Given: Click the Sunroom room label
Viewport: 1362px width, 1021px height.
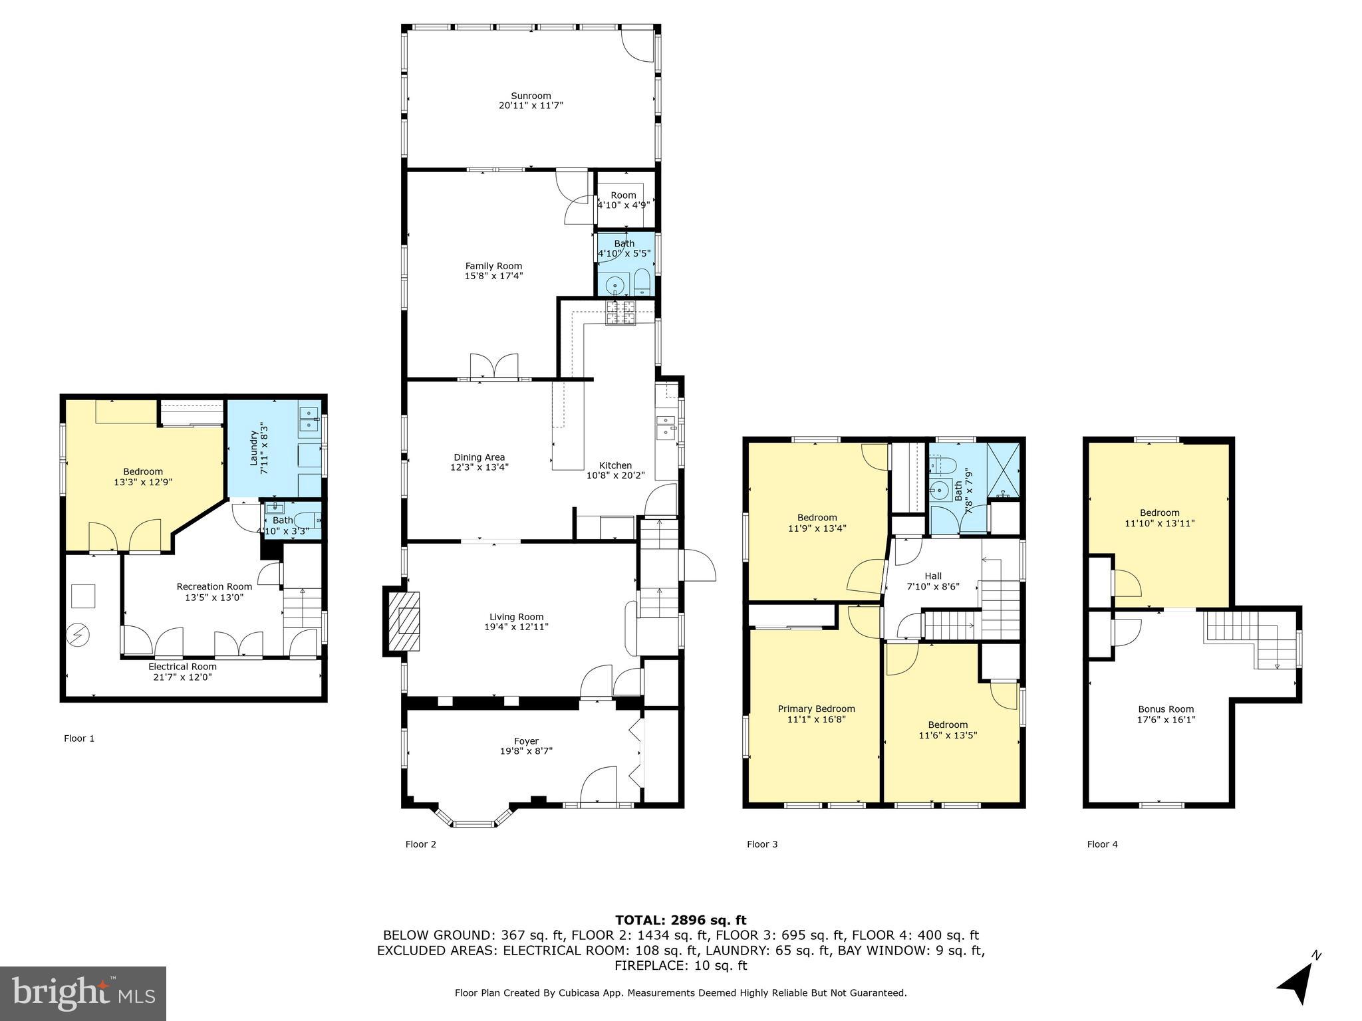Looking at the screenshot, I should coord(531,96).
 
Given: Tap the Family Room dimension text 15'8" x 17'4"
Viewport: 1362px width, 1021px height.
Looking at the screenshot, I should coord(493,276).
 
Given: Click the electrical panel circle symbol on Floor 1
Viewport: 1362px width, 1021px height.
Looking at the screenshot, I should coord(78,635).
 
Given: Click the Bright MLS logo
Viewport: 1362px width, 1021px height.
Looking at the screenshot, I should coord(83,993).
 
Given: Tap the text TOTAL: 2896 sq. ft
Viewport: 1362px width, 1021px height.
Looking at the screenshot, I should coord(680,920).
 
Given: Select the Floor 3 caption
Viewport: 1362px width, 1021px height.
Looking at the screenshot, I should coord(761,844).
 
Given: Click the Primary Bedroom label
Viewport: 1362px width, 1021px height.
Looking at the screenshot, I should coord(816,709).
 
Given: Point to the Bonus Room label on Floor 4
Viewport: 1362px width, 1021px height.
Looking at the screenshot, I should coord(1166,709).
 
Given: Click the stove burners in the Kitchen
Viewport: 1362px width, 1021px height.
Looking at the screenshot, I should coord(620,312).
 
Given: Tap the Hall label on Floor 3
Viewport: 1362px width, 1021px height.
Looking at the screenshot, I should coord(933,576).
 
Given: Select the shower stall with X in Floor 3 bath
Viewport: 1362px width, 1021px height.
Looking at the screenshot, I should coord(1003,470).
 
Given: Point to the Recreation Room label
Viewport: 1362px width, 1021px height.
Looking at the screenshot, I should coord(214,586).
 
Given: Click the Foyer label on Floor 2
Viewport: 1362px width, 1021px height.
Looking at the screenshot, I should coord(526,741).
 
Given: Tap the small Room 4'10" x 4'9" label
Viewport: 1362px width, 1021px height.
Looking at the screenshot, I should coord(623,195).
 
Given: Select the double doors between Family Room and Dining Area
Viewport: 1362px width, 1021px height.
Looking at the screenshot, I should coord(493,367).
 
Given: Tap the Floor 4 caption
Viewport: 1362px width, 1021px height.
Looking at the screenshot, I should coord(1102,844).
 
